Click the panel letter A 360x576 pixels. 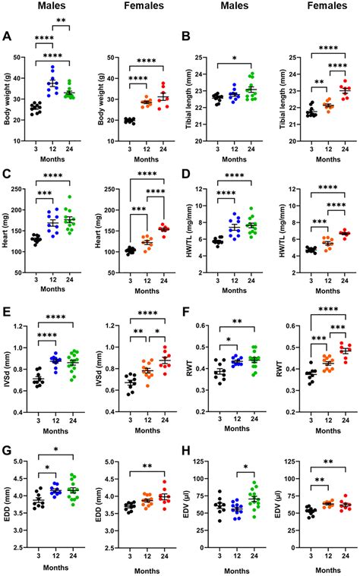tap(7, 35)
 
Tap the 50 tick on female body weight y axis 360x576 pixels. tap(111, 58)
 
